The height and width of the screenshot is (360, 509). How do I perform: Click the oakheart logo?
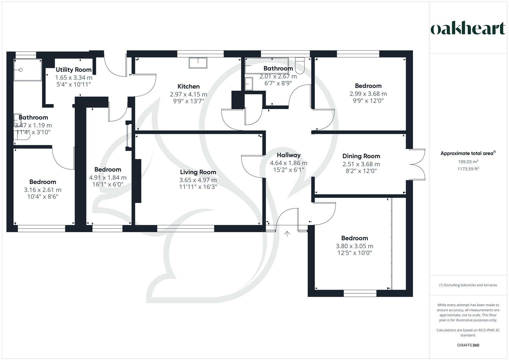pos(468,28)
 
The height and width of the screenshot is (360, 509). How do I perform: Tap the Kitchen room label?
pos(188,86)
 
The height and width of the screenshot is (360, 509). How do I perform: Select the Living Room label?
pos(198,172)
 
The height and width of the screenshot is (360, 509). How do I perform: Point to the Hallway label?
pos(289,155)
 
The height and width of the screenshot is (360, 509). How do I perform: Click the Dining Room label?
pos(361,156)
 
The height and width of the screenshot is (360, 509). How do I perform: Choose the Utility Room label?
pos(73,70)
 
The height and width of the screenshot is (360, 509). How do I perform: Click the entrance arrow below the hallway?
pos(287,234)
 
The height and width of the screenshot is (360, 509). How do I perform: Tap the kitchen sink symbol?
pos(198,63)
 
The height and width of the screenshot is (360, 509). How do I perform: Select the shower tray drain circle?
pos(21,70)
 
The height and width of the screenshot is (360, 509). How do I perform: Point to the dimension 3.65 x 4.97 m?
pos(198,180)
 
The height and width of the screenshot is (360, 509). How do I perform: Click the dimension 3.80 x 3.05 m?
pos(354,246)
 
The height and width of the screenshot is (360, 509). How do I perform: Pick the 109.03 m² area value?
pos(468,162)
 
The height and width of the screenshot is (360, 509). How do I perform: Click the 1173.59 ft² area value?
pos(468,169)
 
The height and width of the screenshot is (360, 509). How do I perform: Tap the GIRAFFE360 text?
pos(468,345)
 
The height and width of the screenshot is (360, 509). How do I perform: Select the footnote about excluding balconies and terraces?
pos(468,285)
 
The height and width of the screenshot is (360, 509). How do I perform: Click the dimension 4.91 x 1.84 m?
pos(108,178)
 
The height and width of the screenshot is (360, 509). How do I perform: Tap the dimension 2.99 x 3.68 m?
pos(368,94)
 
